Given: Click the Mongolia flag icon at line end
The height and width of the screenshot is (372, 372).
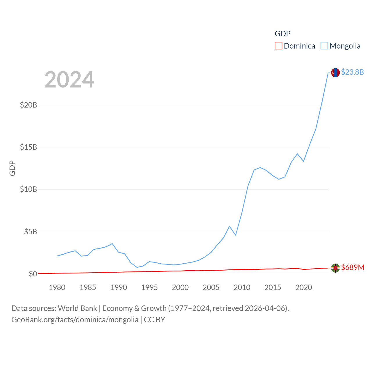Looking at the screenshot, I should click(335, 73).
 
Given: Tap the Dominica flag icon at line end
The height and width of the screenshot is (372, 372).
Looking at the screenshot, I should click(335, 268).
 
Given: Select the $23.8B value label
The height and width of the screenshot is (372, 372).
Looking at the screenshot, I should click(352, 72).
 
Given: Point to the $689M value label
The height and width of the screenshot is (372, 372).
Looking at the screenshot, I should click(353, 267).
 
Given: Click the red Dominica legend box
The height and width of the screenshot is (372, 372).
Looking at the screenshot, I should click(278, 46).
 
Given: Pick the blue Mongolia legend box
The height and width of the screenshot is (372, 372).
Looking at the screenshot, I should click(324, 46).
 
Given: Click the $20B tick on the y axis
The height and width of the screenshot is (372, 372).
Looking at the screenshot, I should click(28, 105).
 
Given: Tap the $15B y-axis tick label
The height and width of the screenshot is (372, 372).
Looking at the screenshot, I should click(28, 147).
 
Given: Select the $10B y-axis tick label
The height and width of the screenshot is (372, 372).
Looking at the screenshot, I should click(28, 189).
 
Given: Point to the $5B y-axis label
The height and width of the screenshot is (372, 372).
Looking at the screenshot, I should click(31, 232).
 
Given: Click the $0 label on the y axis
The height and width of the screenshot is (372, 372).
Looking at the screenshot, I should click(33, 274).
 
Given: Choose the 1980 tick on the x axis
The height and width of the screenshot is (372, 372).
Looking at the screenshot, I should click(57, 287).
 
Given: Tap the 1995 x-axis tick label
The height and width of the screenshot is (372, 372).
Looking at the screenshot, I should click(149, 287).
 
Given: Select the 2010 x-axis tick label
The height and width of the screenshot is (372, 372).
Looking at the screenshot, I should click(242, 287).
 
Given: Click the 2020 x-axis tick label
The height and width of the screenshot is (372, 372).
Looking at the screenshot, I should click(303, 287).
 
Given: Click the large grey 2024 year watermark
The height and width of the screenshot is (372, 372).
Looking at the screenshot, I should click(69, 80).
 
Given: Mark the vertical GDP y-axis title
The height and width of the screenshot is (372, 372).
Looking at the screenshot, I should click(12, 168).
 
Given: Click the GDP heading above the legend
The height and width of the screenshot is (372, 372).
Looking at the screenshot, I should click(282, 34).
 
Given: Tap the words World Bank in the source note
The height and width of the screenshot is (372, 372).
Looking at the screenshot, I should click(77, 308).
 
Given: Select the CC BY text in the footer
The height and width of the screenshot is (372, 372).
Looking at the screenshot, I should click(155, 320).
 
